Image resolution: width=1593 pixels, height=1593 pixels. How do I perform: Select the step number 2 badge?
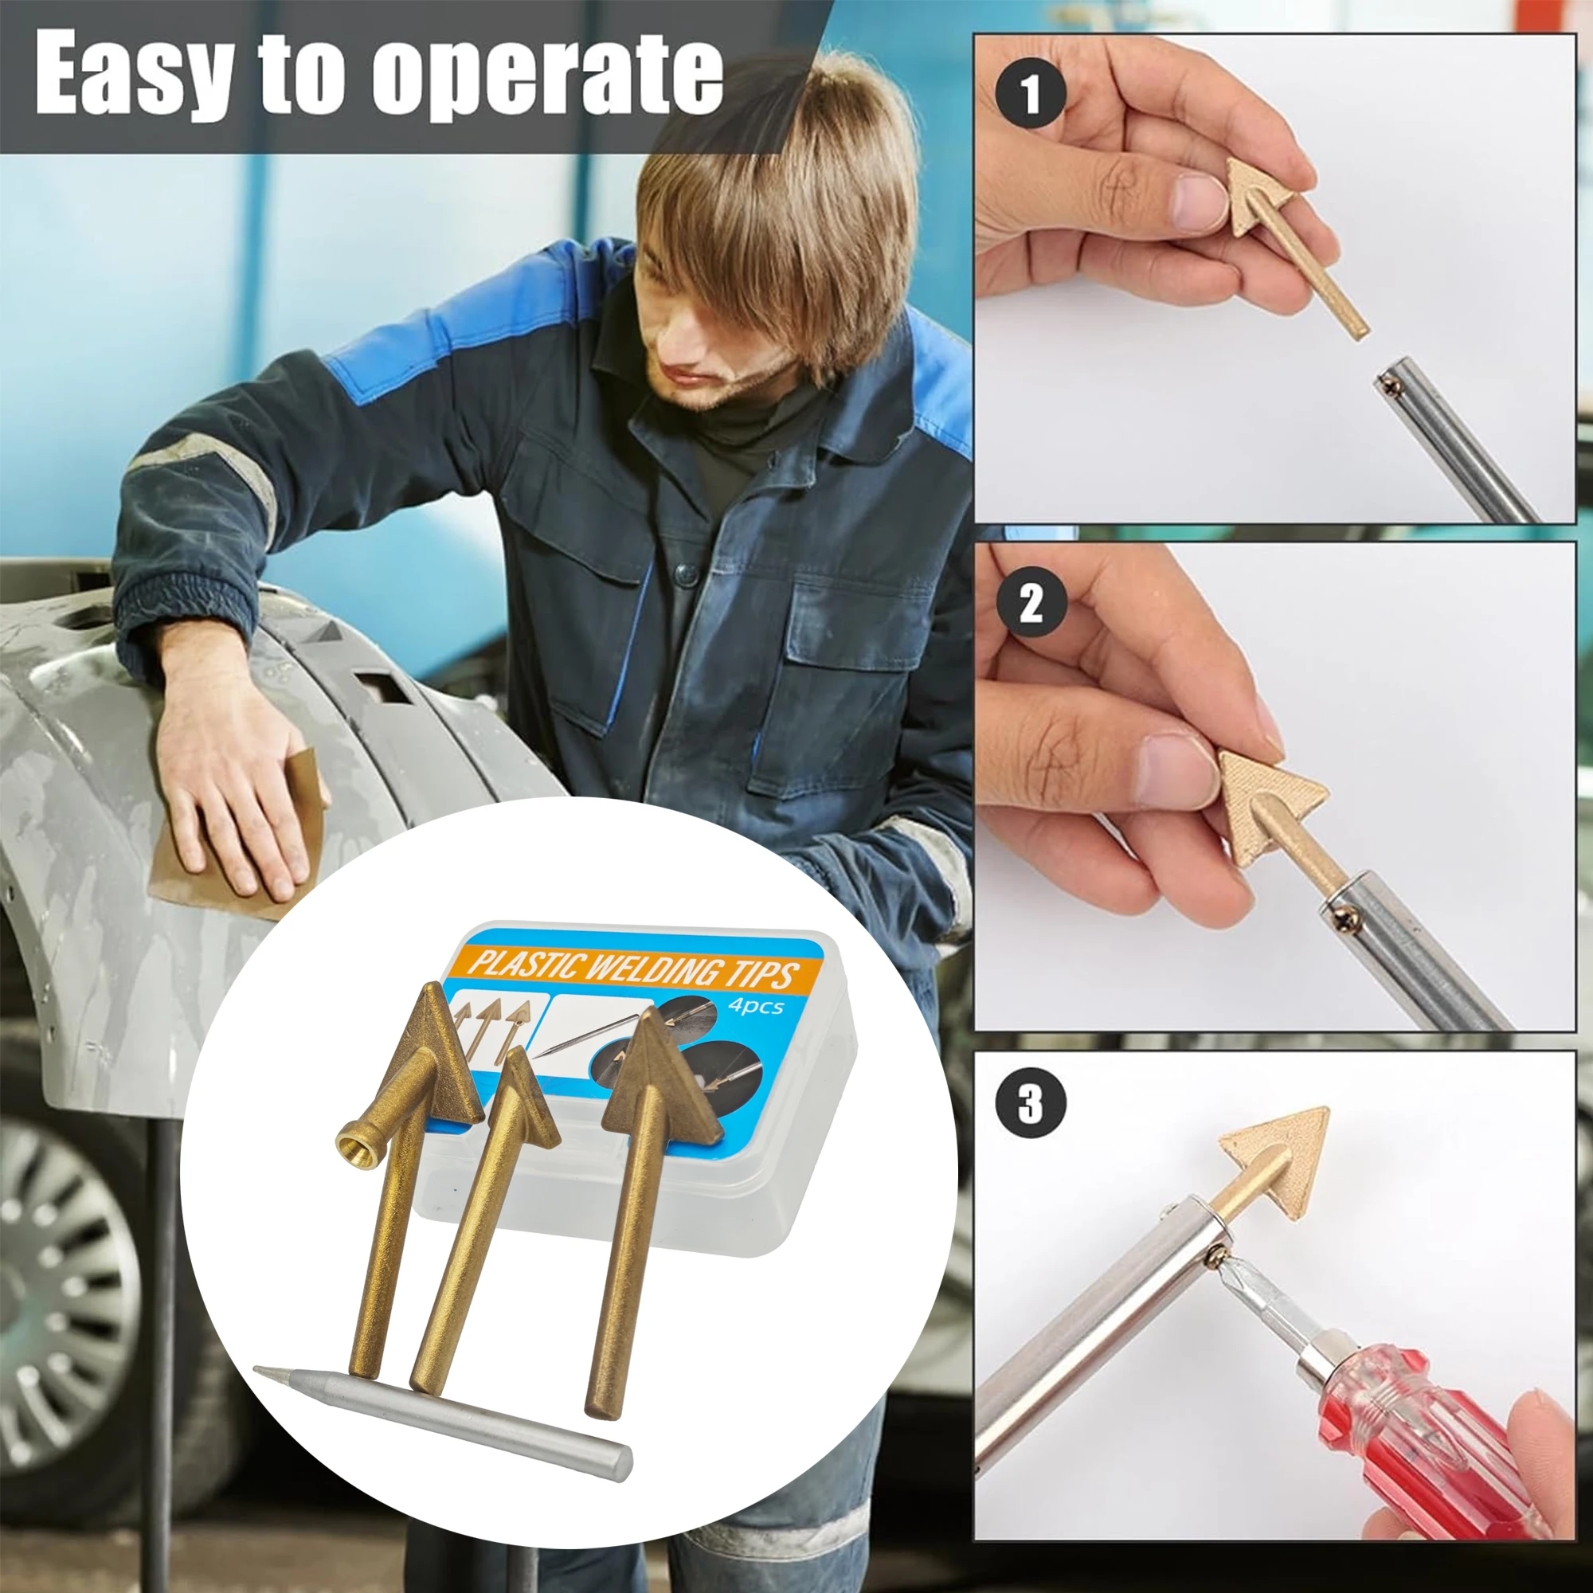click(x=1030, y=605)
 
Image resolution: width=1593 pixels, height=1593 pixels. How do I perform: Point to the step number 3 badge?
click(x=1030, y=1102)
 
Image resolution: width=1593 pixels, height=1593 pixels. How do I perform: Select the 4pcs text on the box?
click(x=754, y=1006)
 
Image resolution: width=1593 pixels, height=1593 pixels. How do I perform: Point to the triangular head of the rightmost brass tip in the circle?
click(x=656, y=1072)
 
